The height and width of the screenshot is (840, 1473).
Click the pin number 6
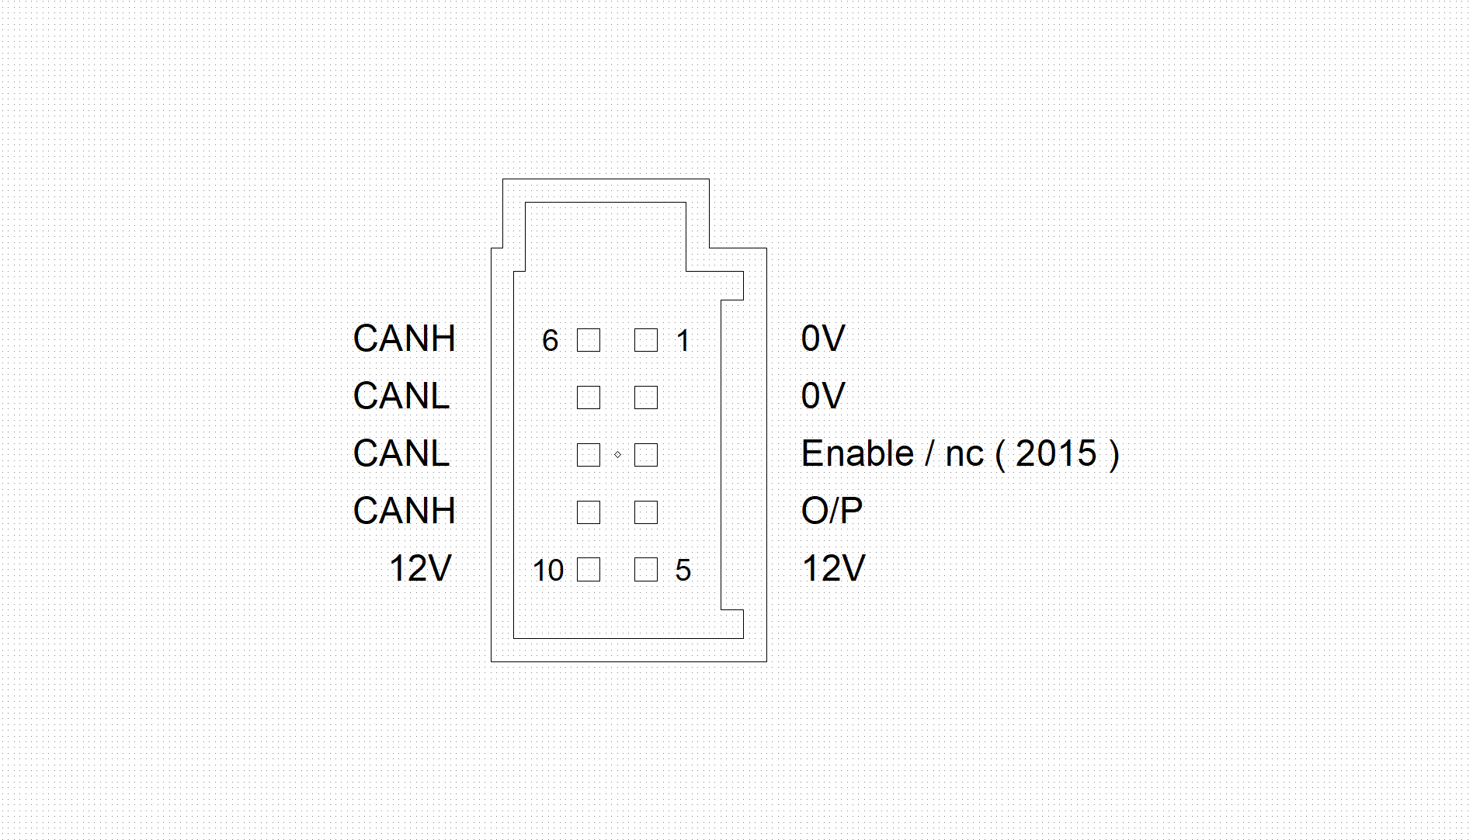550,340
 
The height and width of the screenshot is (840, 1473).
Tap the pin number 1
683,340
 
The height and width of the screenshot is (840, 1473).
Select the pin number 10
548,571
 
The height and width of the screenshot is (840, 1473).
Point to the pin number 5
683,571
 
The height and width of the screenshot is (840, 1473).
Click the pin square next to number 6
589,340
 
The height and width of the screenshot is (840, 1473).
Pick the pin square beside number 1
646,340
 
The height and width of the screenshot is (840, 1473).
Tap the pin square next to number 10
589,570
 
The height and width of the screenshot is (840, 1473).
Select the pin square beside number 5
646,570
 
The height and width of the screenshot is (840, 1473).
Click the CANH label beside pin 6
404,338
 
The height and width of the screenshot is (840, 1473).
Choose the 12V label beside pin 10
420,568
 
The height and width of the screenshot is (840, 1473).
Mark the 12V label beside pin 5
833,568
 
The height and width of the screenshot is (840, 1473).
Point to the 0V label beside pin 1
823,338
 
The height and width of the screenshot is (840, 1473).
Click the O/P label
832,511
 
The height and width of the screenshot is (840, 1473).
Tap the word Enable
858,453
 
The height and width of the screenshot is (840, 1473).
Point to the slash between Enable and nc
929,453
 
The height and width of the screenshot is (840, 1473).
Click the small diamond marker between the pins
617,454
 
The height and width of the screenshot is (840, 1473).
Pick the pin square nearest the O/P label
646,512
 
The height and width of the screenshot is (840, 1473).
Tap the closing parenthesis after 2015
1114,455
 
